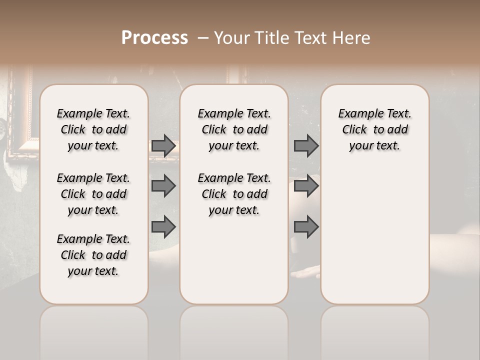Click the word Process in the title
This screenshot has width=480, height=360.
[154, 38]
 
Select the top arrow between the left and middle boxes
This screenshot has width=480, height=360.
[163, 146]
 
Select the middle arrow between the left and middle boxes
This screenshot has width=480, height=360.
[163, 186]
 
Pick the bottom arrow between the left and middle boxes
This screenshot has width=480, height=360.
[163, 227]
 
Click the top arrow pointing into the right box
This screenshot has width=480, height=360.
[306, 146]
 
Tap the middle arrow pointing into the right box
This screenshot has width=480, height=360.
[306, 186]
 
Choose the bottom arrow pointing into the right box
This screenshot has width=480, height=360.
[306, 227]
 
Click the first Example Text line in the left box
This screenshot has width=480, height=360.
[93, 113]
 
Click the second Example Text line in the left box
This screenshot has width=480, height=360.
[93, 178]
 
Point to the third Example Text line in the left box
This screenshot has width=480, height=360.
[93, 239]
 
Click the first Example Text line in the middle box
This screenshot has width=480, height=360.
[234, 113]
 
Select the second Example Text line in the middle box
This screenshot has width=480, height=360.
[234, 178]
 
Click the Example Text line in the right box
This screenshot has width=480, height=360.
[374, 113]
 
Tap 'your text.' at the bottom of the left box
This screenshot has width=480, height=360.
[93, 271]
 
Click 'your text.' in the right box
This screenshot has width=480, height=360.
[374, 145]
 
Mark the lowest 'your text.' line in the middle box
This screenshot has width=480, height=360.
[234, 210]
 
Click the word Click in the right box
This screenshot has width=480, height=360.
[354, 129]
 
